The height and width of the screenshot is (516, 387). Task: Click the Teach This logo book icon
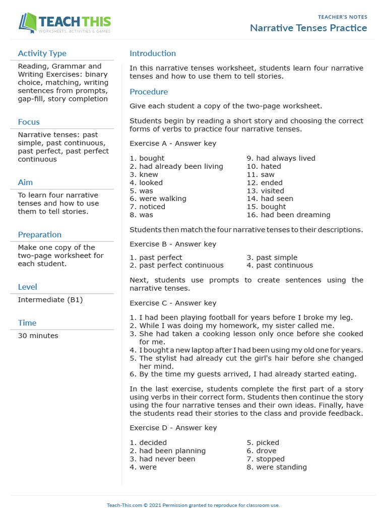[27, 23]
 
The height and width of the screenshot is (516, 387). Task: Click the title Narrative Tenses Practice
[308, 28]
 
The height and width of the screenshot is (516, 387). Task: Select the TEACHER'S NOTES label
[342, 17]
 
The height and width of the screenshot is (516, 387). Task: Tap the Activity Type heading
[42, 53]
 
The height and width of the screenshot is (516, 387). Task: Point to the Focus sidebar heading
[29, 122]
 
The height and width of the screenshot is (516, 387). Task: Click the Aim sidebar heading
[25, 182]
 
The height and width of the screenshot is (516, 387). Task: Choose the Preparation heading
[40, 235]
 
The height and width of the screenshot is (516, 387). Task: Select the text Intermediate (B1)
[50, 300]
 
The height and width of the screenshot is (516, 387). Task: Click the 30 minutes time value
[38, 336]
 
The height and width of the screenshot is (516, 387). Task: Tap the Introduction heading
[153, 53]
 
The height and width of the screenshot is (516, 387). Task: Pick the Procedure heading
[149, 92]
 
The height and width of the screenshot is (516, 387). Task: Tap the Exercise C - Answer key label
[173, 303]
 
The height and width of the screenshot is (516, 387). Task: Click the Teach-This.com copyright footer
[193, 505]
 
